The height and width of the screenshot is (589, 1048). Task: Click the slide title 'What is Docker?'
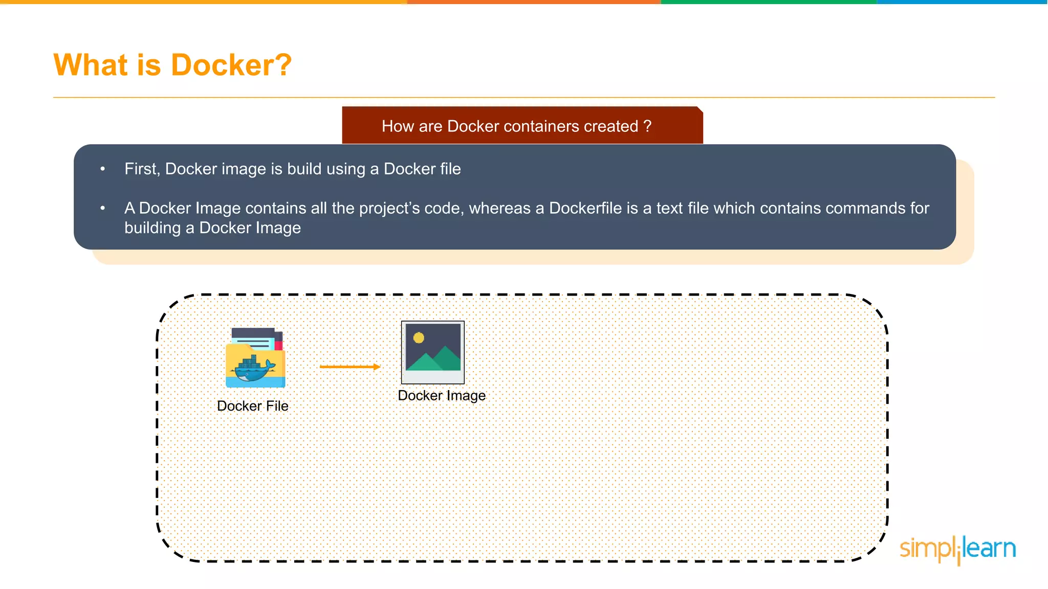(x=172, y=65)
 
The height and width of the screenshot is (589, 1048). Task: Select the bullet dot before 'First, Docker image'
(x=103, y=169)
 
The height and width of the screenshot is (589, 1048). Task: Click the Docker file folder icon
(x=255, y=357)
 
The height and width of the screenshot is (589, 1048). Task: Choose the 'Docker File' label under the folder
(x=253, y=406)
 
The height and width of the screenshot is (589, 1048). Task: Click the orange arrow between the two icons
(x=350, y=367)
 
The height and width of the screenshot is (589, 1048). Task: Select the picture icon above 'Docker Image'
(x=433, y=352)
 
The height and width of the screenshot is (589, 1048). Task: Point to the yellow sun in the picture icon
(x=419, y=337)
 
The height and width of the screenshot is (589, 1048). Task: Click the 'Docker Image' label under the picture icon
(x=442, y=396)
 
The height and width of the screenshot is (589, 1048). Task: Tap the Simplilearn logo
(x=957, y=549)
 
